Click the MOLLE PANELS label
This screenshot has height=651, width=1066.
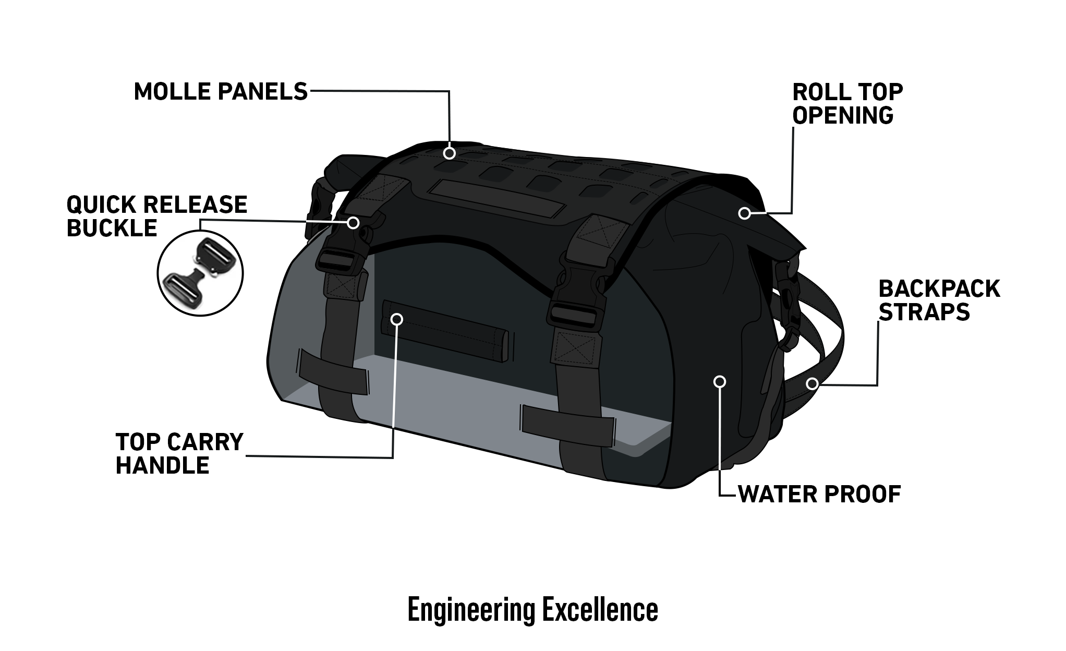[x=221, y=91]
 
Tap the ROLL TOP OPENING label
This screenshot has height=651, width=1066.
[x=847, y=103]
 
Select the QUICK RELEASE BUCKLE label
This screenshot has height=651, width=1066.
[x=156, y=216]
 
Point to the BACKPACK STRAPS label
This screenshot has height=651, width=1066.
[x=939, y=300]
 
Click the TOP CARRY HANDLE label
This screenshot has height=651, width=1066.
[x=179, y=453]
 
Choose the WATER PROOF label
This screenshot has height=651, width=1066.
[x=819, y=493]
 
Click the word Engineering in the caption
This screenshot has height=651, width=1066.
[x=471, y=609]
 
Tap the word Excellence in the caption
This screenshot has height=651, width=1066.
[x=600, y=609]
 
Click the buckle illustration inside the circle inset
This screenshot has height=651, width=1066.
[x=200, y=273]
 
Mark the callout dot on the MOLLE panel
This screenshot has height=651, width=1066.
[x=449, y=153]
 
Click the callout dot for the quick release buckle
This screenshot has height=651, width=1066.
[x=353, y=223]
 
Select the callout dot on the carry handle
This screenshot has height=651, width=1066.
[x=397, y=319]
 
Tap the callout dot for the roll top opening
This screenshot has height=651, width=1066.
[x=745, y=213]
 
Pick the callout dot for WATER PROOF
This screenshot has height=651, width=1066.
[x=720, y=381]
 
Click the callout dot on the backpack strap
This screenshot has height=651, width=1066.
[x=811, y=384]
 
